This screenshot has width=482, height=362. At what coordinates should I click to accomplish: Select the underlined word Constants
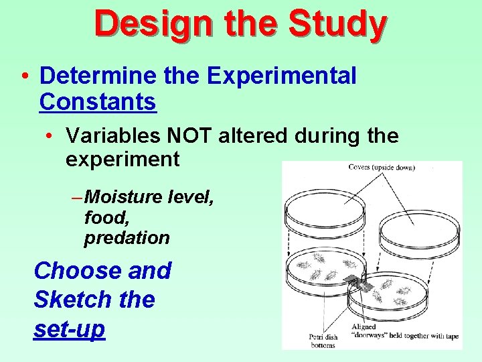point(98,102)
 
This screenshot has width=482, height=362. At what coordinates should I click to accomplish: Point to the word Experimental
point(281,76)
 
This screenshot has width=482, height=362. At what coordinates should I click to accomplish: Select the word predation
point(127,237)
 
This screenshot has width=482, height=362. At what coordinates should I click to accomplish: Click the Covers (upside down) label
point(381,168)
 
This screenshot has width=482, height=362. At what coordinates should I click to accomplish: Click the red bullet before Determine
point(24,77)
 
